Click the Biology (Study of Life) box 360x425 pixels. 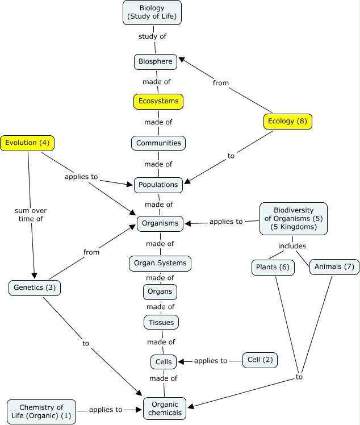(152, 13)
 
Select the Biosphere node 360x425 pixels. (156, 62)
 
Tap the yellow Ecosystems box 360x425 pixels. (158, 102)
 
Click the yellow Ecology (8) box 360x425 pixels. (288, 122)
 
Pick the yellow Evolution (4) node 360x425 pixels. (27, 143)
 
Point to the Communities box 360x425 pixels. (158, 143)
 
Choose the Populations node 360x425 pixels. (158, 185)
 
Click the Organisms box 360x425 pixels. (160, 224)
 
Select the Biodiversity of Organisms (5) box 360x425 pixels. (294, 218)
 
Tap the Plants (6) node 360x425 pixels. (273, 268)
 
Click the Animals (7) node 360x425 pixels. (334, 267)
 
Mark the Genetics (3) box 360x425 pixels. (35, 288)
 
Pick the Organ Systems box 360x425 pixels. (160, 264)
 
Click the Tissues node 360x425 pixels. (161, 322)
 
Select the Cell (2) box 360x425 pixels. (260, 360)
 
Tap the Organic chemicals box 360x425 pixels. (165, 409)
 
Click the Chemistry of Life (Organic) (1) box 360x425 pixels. (41, 411)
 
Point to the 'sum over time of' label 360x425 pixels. (31, 215)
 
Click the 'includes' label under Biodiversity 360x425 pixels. (292, 246)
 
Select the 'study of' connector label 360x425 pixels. (152, 36)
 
